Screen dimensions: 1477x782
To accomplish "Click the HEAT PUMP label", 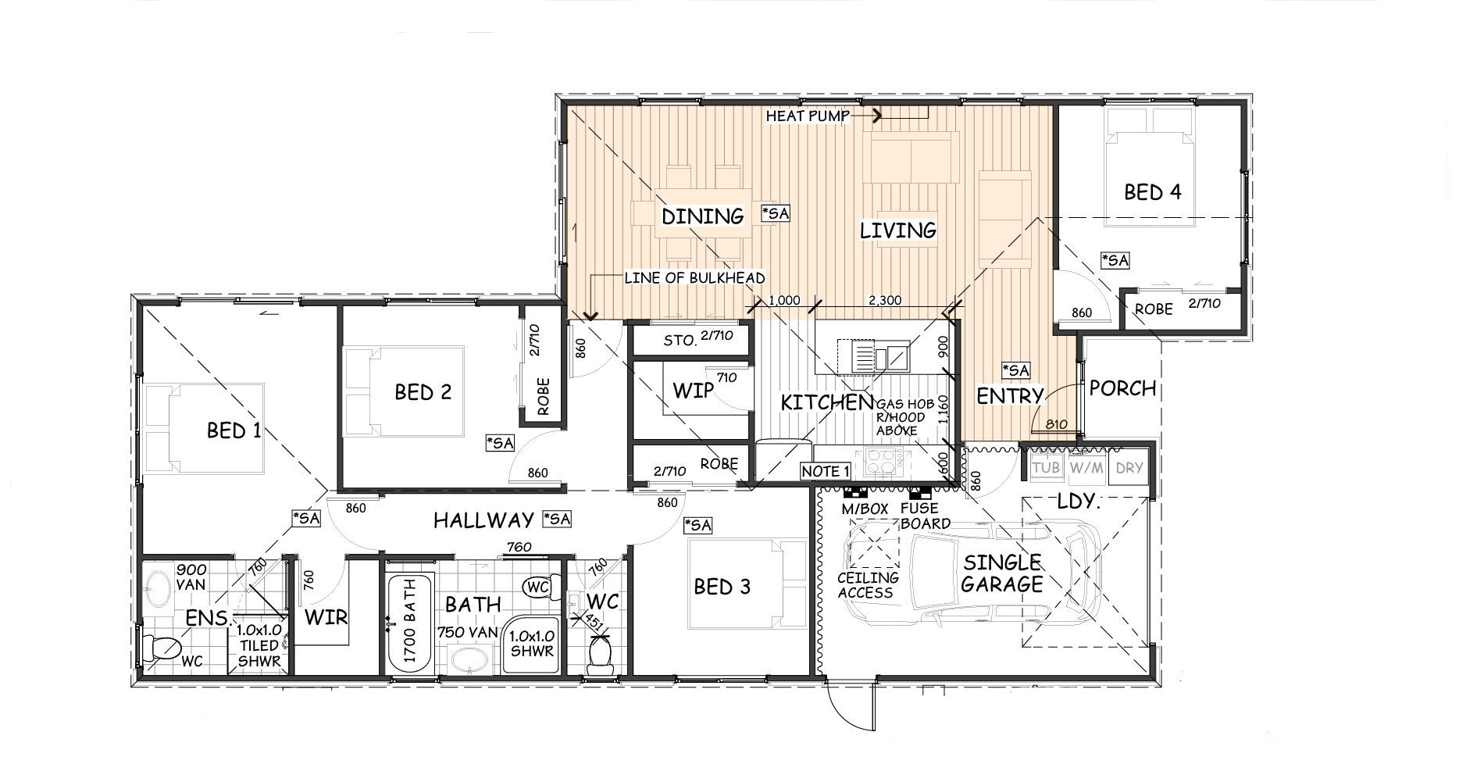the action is (808, 116).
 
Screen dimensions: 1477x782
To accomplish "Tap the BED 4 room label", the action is (1152, 191).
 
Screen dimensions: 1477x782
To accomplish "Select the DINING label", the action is (702, 216).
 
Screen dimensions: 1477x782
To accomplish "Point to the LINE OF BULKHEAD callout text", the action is (694, 278).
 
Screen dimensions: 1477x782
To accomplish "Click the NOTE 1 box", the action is (826, 471).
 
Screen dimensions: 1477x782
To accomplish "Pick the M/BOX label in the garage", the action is (865, 509).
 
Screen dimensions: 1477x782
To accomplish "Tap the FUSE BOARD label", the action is (925, 516).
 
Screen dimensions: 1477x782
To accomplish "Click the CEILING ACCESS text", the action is (867, 585).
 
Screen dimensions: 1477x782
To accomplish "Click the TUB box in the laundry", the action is (1046, 468).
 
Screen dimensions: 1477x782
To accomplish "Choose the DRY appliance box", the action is (1129, 468).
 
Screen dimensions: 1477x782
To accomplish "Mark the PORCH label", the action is (1122, 388).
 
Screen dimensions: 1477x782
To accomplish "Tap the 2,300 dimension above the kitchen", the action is (884, 300).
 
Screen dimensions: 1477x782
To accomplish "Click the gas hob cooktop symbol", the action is (881, 462).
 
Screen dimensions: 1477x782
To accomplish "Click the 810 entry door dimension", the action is (1056, 424).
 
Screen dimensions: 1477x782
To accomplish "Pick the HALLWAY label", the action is (483, 520).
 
